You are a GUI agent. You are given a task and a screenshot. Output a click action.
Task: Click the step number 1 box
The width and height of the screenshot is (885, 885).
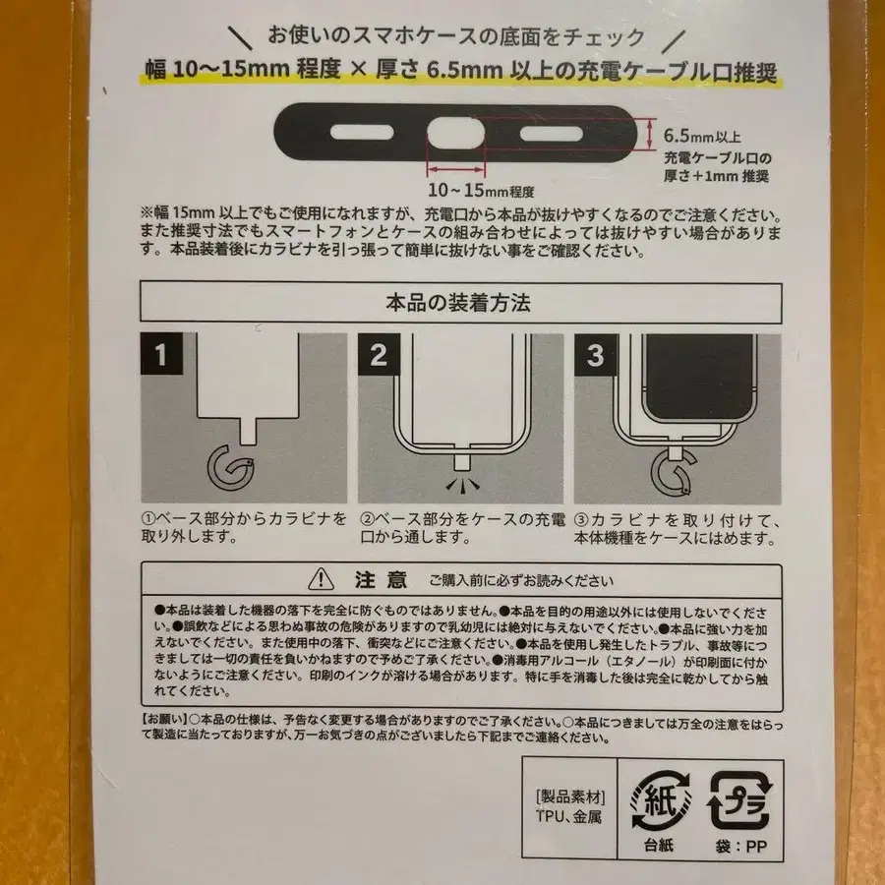(160, 355)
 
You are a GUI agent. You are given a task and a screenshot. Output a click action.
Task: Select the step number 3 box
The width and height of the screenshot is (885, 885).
(595, 355)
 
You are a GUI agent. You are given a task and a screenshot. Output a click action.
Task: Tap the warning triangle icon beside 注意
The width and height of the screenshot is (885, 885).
(321, 578)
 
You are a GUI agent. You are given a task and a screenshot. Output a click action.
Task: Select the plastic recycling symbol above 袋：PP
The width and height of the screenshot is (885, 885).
(740, 798)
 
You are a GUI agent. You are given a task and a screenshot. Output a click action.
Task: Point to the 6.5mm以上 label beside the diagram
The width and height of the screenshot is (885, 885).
(701, 137)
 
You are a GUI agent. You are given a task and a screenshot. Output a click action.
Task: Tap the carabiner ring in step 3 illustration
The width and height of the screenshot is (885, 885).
(668, 478)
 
